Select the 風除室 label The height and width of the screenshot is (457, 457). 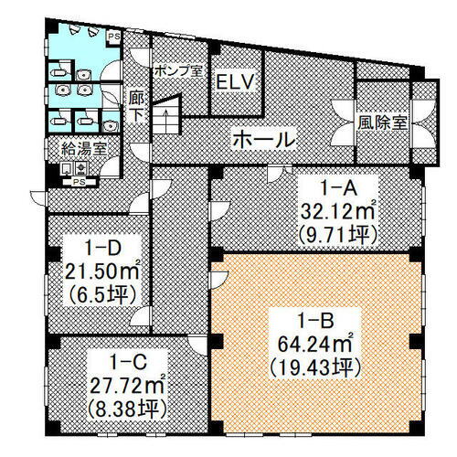[383, 120]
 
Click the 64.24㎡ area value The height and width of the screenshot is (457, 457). [311, 345]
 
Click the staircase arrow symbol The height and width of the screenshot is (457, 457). [167, 118]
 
